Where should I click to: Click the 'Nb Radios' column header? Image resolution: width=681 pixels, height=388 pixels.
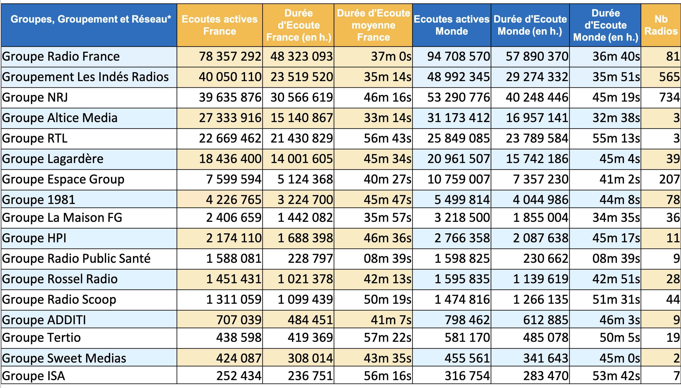[661, 25]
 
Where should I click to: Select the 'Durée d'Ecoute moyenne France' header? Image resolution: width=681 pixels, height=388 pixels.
[373, 25]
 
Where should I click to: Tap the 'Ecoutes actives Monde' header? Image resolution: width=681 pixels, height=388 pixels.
[451, 25]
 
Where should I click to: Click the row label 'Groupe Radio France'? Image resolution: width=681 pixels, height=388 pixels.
[61, 56]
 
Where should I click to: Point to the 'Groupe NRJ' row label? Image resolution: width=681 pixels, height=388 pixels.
[35, 98]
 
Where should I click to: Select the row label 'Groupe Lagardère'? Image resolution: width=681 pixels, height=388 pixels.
[53, 159]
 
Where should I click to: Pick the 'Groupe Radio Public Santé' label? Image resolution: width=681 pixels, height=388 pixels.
[76, 259]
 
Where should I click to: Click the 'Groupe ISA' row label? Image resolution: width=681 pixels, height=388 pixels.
[34, 376]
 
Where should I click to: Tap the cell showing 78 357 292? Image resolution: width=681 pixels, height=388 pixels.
[230, 56]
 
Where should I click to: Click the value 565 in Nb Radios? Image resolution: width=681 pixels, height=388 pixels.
[669, 77]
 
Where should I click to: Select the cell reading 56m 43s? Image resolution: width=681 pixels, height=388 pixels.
[387, 138]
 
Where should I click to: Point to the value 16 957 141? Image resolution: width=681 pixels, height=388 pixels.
[537, 118]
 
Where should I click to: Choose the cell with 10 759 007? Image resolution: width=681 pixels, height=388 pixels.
[459, 179]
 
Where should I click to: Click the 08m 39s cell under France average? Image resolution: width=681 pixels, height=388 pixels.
[387, 259]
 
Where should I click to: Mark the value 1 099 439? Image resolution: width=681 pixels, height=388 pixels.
[305, 300]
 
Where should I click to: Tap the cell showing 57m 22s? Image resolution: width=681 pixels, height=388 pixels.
[387, 338]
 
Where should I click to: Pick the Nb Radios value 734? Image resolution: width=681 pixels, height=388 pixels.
[669, 98]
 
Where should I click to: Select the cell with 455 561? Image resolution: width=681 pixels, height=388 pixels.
[467, 358]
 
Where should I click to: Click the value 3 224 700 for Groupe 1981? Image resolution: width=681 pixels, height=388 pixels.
[305, 200]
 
